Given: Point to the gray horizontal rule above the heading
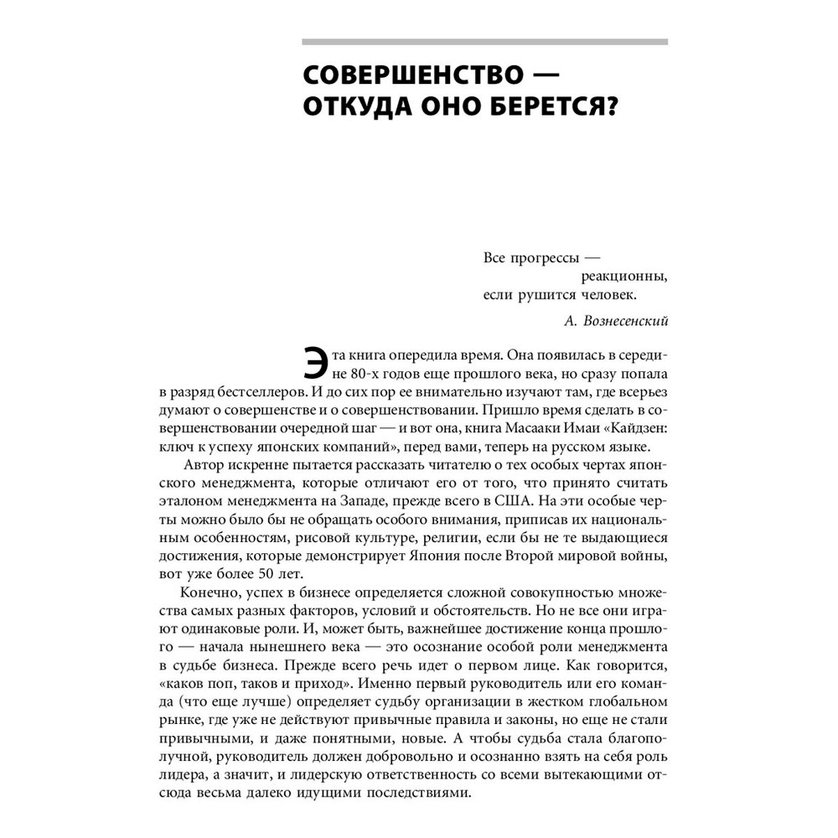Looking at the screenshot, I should [x=484, y=41].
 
